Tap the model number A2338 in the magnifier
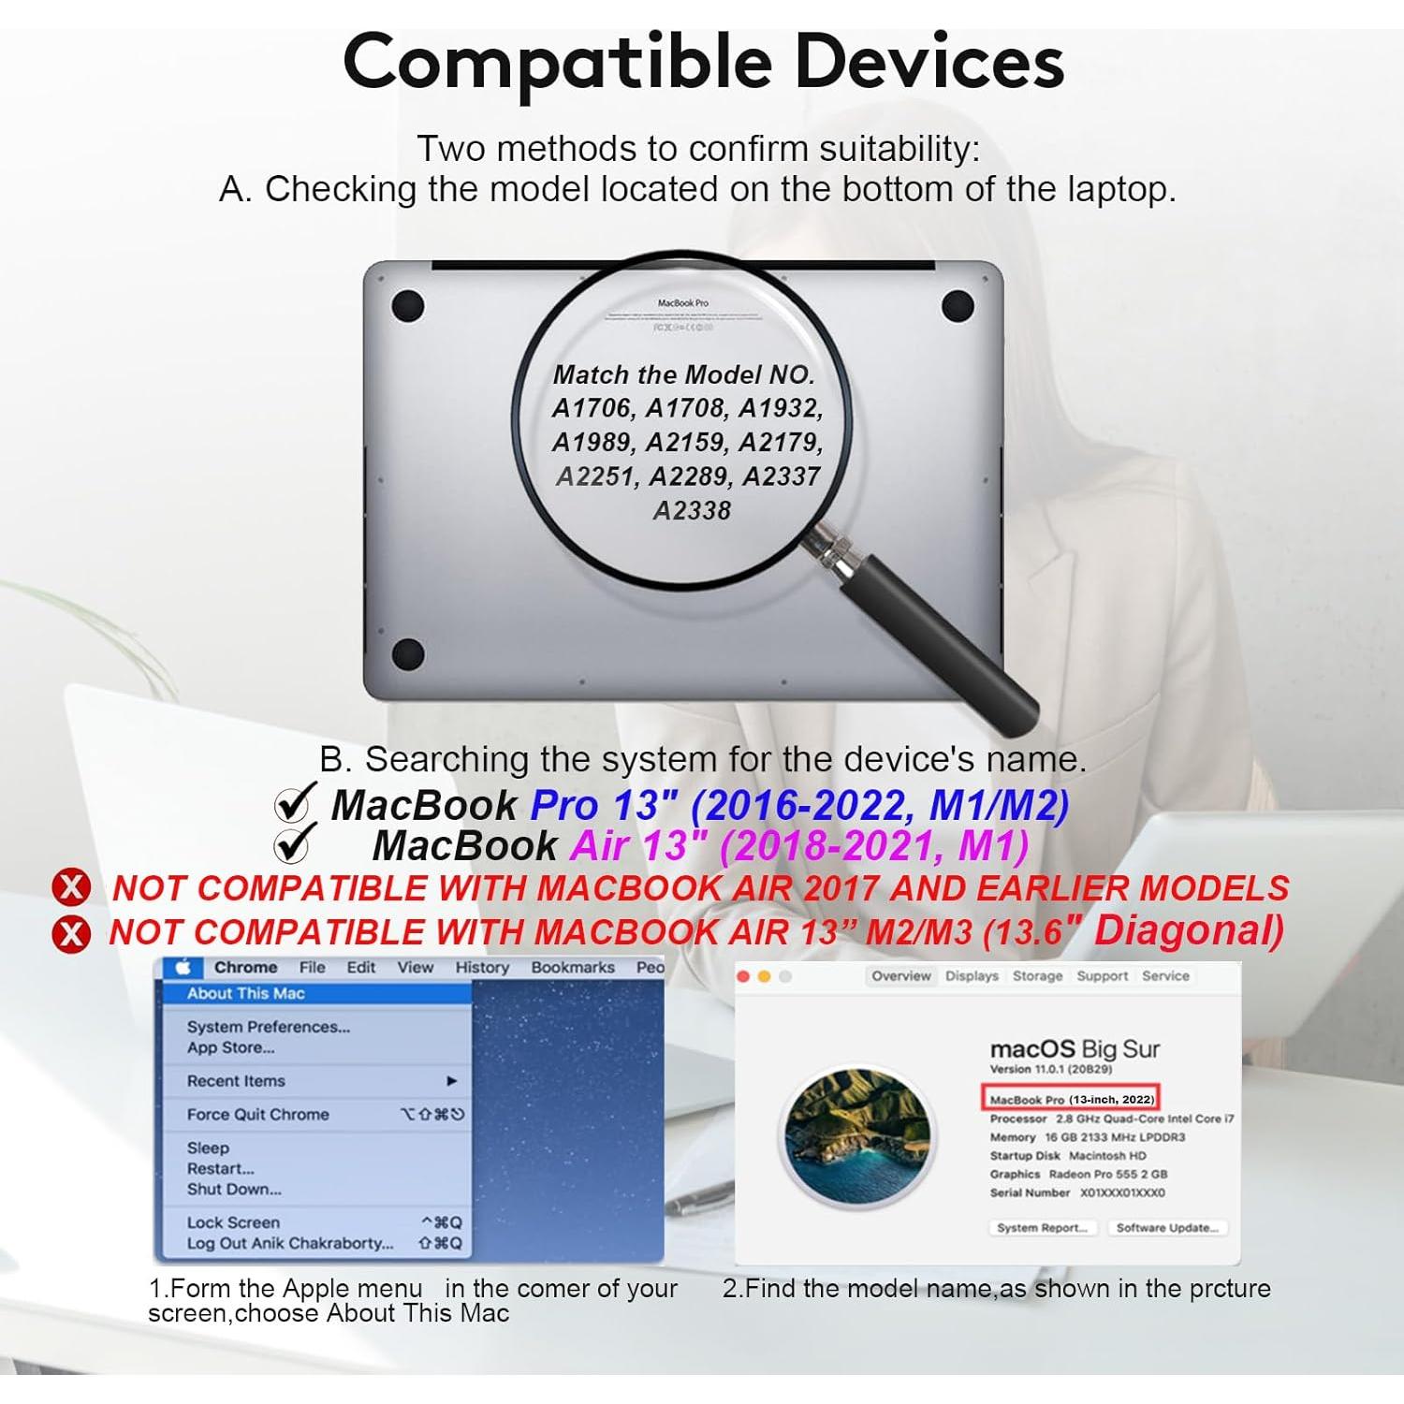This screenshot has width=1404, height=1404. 692,511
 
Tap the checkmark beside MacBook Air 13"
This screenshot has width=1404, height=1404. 292,845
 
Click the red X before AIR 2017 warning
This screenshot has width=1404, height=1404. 71,887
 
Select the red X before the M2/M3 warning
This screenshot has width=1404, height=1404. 71,933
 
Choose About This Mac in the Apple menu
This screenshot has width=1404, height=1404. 246,993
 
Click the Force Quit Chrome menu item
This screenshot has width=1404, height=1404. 258,1114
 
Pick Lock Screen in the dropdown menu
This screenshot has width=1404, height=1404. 233,1222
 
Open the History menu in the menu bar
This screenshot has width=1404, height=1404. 482,967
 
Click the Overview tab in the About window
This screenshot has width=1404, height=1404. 900,975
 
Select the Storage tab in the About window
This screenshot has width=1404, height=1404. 1037,975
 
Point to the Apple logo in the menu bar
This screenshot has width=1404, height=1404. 183,967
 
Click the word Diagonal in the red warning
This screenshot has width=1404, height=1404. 1189,930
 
